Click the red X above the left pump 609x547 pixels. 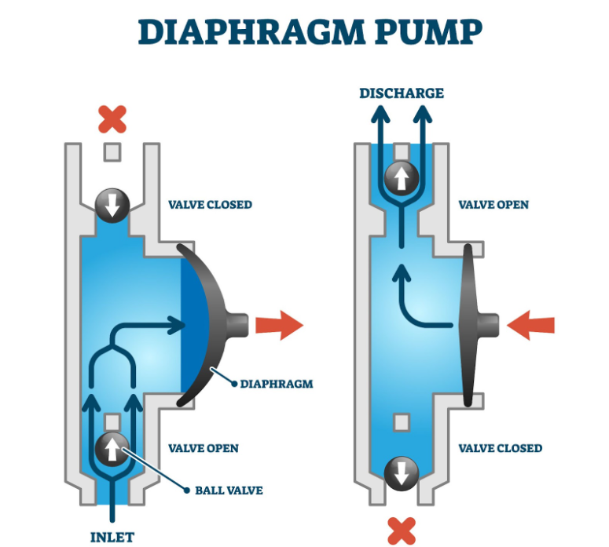tap(112, 119)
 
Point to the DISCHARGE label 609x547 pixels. tap(402, 93)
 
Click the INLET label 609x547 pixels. tap(112, 538)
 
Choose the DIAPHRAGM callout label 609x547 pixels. tap(277, 384)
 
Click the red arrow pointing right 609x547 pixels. tap(280, 324)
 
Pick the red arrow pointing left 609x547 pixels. tap(530, 324)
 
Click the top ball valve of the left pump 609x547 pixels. tap(112, 206)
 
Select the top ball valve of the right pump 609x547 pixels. tap(402, 178)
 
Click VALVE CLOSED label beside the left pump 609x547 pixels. tap(210, 205)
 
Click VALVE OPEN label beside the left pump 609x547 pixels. tap(204, 448)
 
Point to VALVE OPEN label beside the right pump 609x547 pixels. tap(493, 205)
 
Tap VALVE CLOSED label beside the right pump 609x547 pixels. tap(500, 448)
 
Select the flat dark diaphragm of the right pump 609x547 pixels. tap(470, 323)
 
